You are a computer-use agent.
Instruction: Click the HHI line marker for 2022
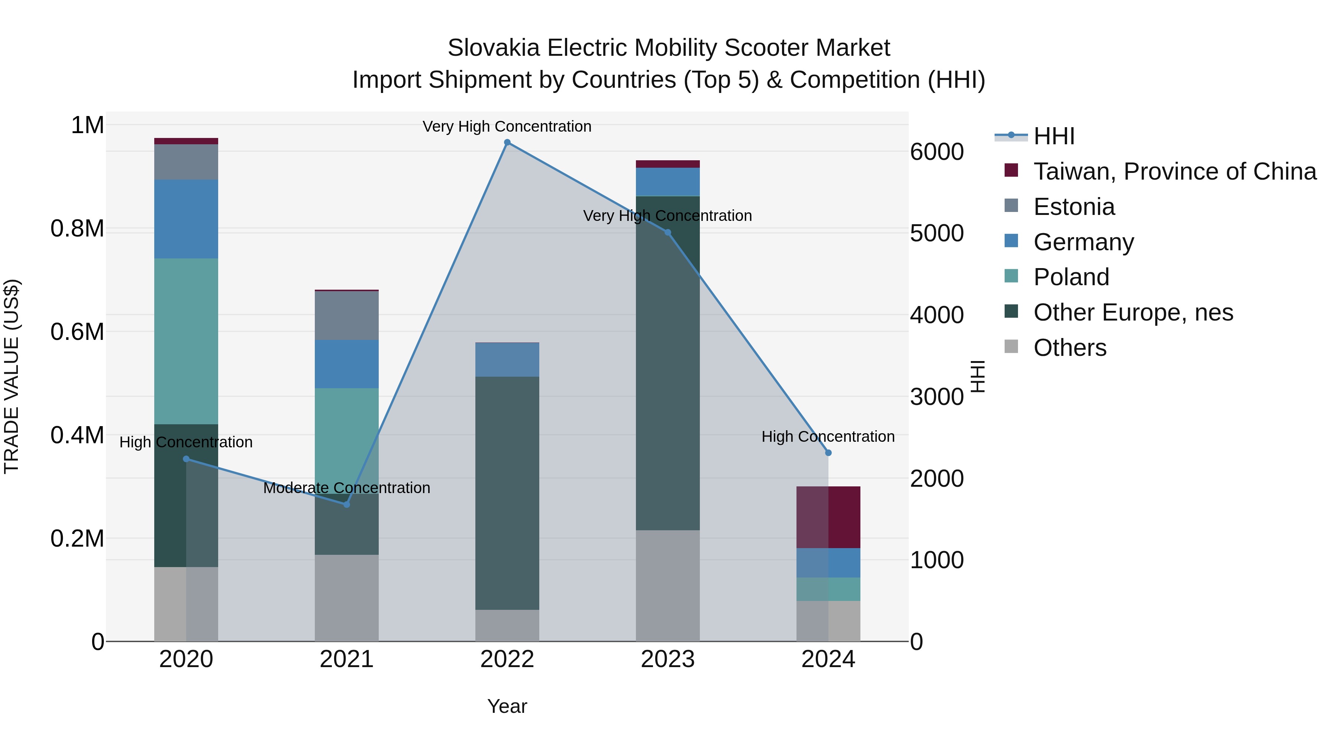[x=507, y=142]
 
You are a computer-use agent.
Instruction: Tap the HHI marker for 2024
[x=828, y=453]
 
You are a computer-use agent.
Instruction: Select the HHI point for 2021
[x=347, y=504]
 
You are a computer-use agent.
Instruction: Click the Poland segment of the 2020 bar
[x=186, y=341]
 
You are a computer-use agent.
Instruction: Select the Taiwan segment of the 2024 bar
[x=828, y=517]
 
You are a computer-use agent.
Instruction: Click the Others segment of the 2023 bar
[x=668, y=585]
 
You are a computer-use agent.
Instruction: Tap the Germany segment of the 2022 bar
[x=507, y=360]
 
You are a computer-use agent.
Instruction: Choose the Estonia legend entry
[x=1074, y=207]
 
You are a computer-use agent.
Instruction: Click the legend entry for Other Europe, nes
[x=1133, y=312]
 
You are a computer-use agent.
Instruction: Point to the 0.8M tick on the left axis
[x=77, y=229]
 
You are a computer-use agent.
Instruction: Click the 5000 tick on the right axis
[x=937, y=233]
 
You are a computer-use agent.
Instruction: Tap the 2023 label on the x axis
[x=668, y=659]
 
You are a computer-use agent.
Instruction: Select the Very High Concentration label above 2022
[x=507, y=126]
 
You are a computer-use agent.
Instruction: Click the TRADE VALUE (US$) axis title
[x=12, y=376]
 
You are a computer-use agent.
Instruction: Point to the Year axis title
[x=507, y=706]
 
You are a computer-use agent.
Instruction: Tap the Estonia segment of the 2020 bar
[x=186, y=162]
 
